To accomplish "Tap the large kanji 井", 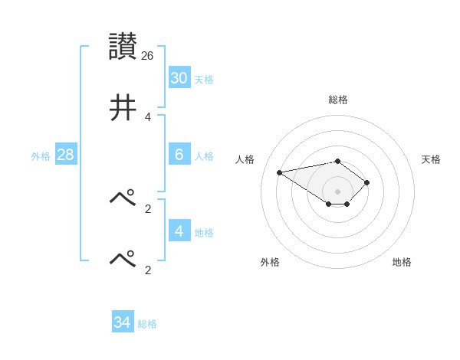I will [x=123, y=108].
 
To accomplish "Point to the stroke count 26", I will [x=148, y=56].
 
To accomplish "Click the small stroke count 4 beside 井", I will [x=148, y=117].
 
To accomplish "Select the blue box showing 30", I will [x=179, y=78].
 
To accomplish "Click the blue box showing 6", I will [x=179, y=155].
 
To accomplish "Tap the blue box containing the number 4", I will [x=179, y=231].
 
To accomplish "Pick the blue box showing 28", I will [x=65, y=155].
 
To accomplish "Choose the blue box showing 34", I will [x=122, y=322].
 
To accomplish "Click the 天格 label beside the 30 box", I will [x=204, y=80].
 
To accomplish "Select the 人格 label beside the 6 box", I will [x=204, y=156].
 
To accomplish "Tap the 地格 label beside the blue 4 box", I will [x=204, y=233].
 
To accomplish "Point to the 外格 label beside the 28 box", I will [x=41, y=156].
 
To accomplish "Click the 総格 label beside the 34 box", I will [x=147, y=324].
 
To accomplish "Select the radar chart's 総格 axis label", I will [x=338, y=100].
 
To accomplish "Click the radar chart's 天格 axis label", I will [x=431, y=159].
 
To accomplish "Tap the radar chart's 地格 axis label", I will [x=402, y=262].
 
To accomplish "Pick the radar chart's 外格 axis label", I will [x=270, y=262].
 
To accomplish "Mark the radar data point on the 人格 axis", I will [x=280, y=172].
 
